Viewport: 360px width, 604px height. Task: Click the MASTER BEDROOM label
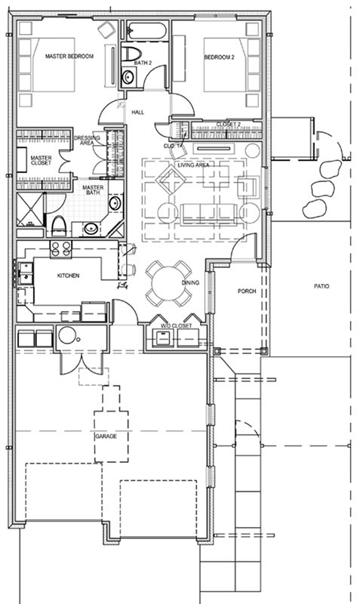coord(69,56)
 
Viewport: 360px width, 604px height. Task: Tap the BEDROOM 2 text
coord(219,57)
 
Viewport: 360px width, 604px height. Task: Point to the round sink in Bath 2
coord(128,77)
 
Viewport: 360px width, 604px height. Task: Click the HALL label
coord(138,112)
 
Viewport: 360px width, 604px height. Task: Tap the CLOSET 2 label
coord(229,125)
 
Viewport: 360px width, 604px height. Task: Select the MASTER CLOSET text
coord(42,161)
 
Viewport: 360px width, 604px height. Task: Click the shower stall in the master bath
coord(30,210)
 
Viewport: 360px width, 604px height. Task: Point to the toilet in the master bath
coord(59,226)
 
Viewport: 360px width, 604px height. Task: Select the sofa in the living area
coord(208,214)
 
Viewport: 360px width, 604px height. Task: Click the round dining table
coord(168,284)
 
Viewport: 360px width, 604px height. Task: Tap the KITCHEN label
coord(69,276)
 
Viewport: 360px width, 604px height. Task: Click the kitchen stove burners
coord(61,249)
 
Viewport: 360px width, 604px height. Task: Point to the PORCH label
coord(247,291)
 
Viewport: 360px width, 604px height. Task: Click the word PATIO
coord(322,286)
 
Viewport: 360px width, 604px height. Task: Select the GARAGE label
coord(106,436)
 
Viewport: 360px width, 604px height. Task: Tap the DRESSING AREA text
coord(87,140)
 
